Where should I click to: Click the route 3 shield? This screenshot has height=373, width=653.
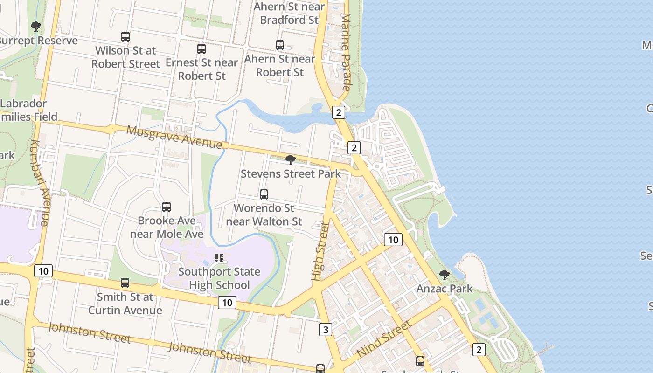(326, 330)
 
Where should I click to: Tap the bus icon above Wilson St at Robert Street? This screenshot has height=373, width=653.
(125, 36)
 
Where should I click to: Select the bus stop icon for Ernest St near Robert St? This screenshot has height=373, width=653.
(201, 48)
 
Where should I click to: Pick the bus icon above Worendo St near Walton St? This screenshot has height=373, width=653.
(264, 194)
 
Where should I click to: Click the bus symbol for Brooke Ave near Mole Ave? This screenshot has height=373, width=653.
(167, 207)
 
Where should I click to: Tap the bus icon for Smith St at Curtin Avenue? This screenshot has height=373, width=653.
(125, 283)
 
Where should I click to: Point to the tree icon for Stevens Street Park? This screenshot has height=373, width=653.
(291, 160)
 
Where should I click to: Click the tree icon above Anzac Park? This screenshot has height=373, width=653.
(445, 275)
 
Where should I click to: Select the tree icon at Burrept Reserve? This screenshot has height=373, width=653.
(36, 26)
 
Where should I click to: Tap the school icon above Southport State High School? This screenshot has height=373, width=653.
(219, 257)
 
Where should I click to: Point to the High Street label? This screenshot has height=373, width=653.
(320, 251)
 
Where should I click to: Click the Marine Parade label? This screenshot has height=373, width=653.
(346, 51)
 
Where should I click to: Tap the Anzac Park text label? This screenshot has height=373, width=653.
(445, 289)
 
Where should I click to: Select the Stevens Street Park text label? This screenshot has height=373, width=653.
(291, 174)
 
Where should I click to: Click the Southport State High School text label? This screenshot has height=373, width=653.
(219, 278)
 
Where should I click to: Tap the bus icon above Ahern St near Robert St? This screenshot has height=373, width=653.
(280, 45)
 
